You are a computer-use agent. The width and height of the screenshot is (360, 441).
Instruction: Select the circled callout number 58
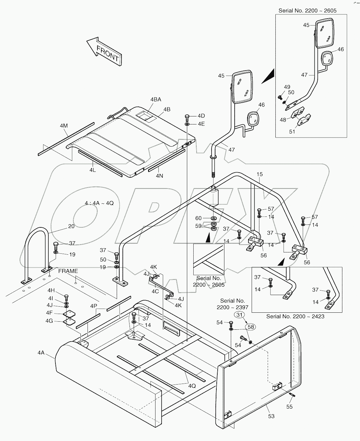click(251, 327)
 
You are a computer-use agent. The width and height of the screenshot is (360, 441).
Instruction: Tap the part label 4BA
click(155, 100)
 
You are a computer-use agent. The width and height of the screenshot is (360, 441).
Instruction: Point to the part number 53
click(271, 416)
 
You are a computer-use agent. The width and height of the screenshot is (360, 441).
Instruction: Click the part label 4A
click(41, 353)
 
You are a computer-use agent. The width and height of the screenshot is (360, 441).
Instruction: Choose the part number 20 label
click(71, 226)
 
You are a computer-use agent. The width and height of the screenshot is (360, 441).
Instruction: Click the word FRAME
click(68, 271)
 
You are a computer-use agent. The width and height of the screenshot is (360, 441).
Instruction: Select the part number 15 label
click(260, 174)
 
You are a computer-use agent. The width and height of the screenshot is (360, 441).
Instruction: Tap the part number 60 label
click(199, 218)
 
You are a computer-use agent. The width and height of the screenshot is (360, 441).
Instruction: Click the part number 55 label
click(289, 407)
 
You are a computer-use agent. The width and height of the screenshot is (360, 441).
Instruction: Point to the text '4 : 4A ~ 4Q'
click(99, 203)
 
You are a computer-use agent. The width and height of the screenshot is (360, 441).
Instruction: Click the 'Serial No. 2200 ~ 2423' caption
click(295, 316)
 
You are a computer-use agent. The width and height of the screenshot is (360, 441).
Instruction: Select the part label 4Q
click(192, 386)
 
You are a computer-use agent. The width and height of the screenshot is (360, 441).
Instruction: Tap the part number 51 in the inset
click(292, 131)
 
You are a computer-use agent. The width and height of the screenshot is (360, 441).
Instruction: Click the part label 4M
click(64, 126)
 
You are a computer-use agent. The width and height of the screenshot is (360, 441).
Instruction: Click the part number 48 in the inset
click(283, 120)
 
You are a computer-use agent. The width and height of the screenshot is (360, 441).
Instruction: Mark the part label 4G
click(49, 321)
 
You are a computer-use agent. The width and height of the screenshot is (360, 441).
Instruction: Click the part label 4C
click(155, 291)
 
